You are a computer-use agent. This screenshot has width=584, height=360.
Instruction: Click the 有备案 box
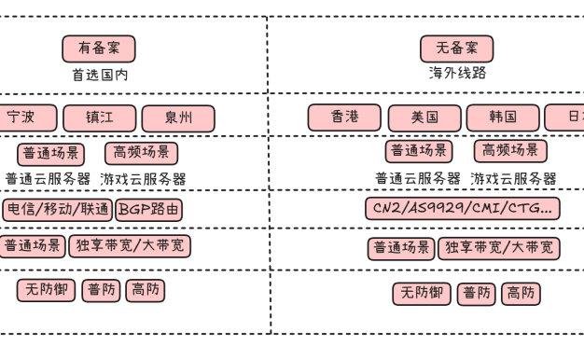click(99, 48)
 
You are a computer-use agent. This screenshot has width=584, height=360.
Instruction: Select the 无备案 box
click(456, 48)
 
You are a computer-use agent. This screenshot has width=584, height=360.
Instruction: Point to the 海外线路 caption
click(457, 73)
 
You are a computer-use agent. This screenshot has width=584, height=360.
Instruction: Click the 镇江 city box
click(100, 118)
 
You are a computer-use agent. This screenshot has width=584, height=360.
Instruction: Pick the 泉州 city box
click(178, 118)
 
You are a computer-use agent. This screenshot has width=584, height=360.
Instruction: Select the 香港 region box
click(344, 118)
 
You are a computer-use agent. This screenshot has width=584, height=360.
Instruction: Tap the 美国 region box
click(424, 118)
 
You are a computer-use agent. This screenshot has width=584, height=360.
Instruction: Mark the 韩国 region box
click(503, 118)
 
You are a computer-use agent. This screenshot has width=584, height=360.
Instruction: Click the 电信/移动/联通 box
click(57, 210)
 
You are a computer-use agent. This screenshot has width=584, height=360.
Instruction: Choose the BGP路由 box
click(149, 210)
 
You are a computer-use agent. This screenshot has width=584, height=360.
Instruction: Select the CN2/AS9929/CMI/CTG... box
click(462, 208)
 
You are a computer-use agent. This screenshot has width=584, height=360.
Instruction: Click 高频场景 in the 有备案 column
click(142, 153)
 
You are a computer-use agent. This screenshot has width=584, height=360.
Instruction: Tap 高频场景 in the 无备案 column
click(510, 151)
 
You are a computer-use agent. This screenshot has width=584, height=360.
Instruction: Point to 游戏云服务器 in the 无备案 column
click(513, 178)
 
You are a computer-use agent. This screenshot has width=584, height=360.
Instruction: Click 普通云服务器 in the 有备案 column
click(48, 179)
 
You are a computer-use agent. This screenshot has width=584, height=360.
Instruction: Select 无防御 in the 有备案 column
click(46, 290)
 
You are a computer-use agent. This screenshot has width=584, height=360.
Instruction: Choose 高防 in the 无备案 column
click(521, 294)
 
